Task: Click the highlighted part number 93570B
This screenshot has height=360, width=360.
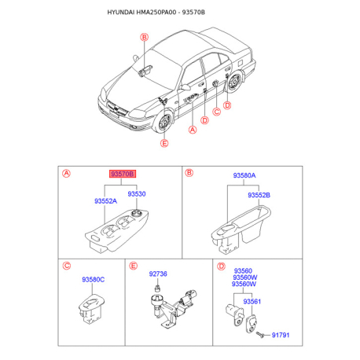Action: tap(123, 174)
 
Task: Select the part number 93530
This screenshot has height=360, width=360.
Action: tap(137, 194)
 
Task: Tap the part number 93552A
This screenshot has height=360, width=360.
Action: tap(105, 201)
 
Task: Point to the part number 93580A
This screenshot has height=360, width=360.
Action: tap(244, 175)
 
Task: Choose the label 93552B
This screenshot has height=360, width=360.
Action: tap(259, 195)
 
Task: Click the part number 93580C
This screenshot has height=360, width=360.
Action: tap(93, 280)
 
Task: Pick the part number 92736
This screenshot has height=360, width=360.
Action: tap(158, 274)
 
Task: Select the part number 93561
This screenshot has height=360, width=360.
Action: tap(252, 301)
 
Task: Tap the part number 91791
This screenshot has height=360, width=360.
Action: tap(281, 335)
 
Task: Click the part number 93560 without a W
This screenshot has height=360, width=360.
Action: tap(243, 270)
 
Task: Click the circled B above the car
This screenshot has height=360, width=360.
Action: tap(144, 37)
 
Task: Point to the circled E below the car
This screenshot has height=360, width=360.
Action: tap(164, 143)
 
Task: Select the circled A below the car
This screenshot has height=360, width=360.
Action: tap(193, 130)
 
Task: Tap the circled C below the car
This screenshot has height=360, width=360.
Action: tap(216, 112)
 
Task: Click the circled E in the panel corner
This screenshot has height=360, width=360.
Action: tap(134, 266)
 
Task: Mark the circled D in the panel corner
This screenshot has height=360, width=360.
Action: tap(222, 266)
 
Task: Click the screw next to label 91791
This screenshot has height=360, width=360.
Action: tap(260, 335)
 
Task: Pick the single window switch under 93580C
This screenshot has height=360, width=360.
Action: tap(91, 309)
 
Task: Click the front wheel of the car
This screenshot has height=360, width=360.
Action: tap(164, 122)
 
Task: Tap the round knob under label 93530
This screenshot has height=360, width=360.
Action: tap(136, 213)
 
